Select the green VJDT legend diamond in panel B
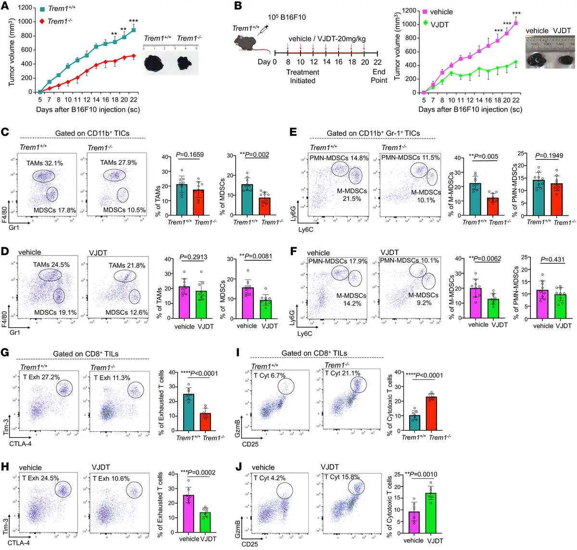click(425, 23)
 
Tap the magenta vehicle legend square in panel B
click(425, 12)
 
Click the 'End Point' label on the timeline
click(379, 76)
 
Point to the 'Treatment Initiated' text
click(302, 76)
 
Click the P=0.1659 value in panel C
click(189, 154)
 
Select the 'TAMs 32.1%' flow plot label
click(45, 163)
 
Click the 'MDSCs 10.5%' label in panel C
click(124, 210)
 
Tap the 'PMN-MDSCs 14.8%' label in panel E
click(339, 158)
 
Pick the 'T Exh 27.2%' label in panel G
click(41, 377)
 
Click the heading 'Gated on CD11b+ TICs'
click(92, 133)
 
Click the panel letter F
click(293, 251)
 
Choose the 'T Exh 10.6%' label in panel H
click(111, 478)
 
